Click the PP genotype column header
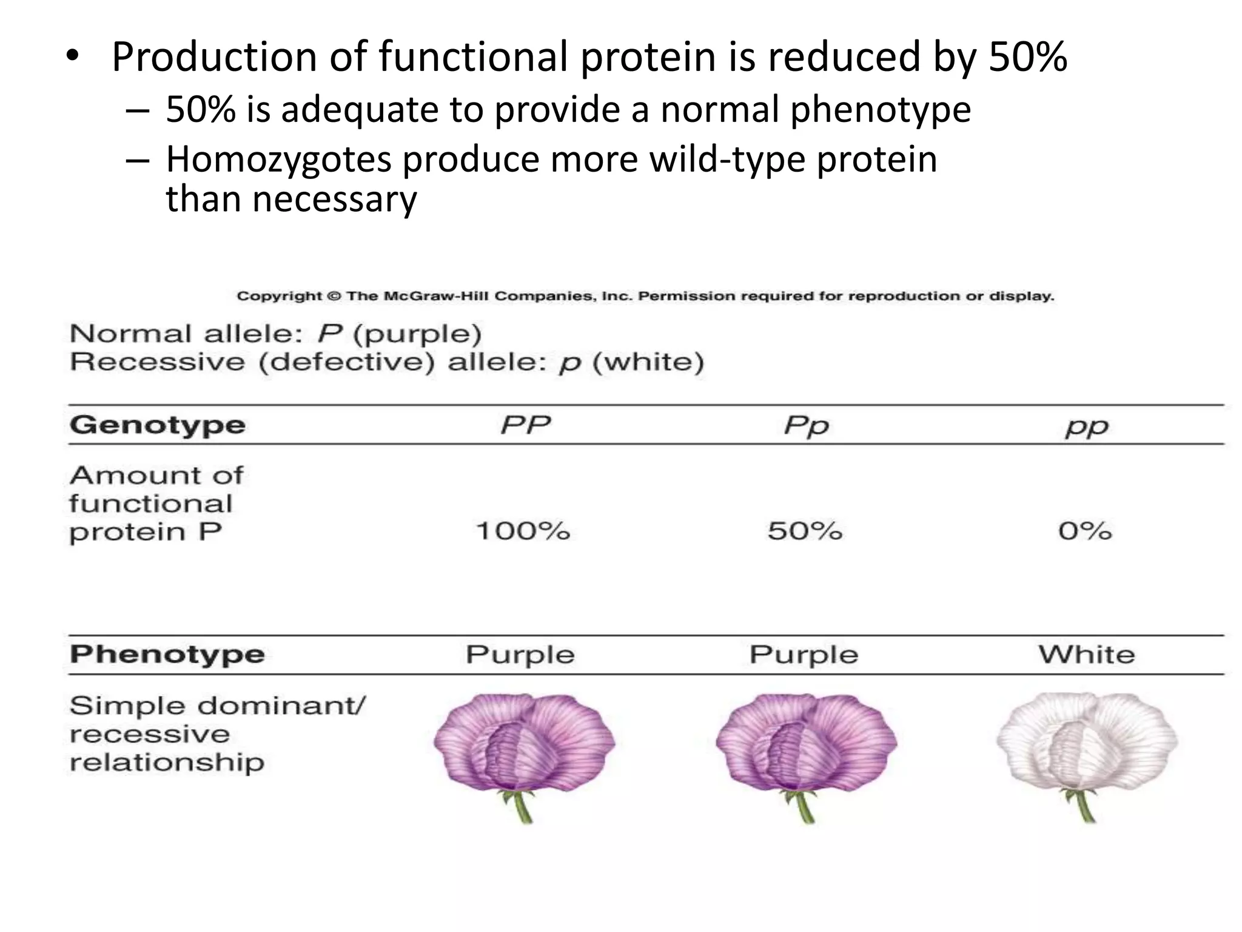(x=525, y=425)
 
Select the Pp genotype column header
(x=806, y=426)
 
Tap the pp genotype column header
(x=1087, y=427)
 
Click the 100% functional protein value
(x=523, y=531)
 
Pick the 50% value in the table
(x=805, y=531)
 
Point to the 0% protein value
(x=1085, y=531)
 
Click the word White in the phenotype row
(x=1086, y=655)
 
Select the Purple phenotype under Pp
(x=804, y=655)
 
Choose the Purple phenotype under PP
(x=520, y=655)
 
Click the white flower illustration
(x=1086, y=743)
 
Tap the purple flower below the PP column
(x=524, y=743)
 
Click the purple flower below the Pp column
(x=806, y=743)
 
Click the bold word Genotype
(x=158, y=425)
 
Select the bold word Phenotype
(x=167, y=655)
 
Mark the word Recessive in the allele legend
(x=158, y=362)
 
